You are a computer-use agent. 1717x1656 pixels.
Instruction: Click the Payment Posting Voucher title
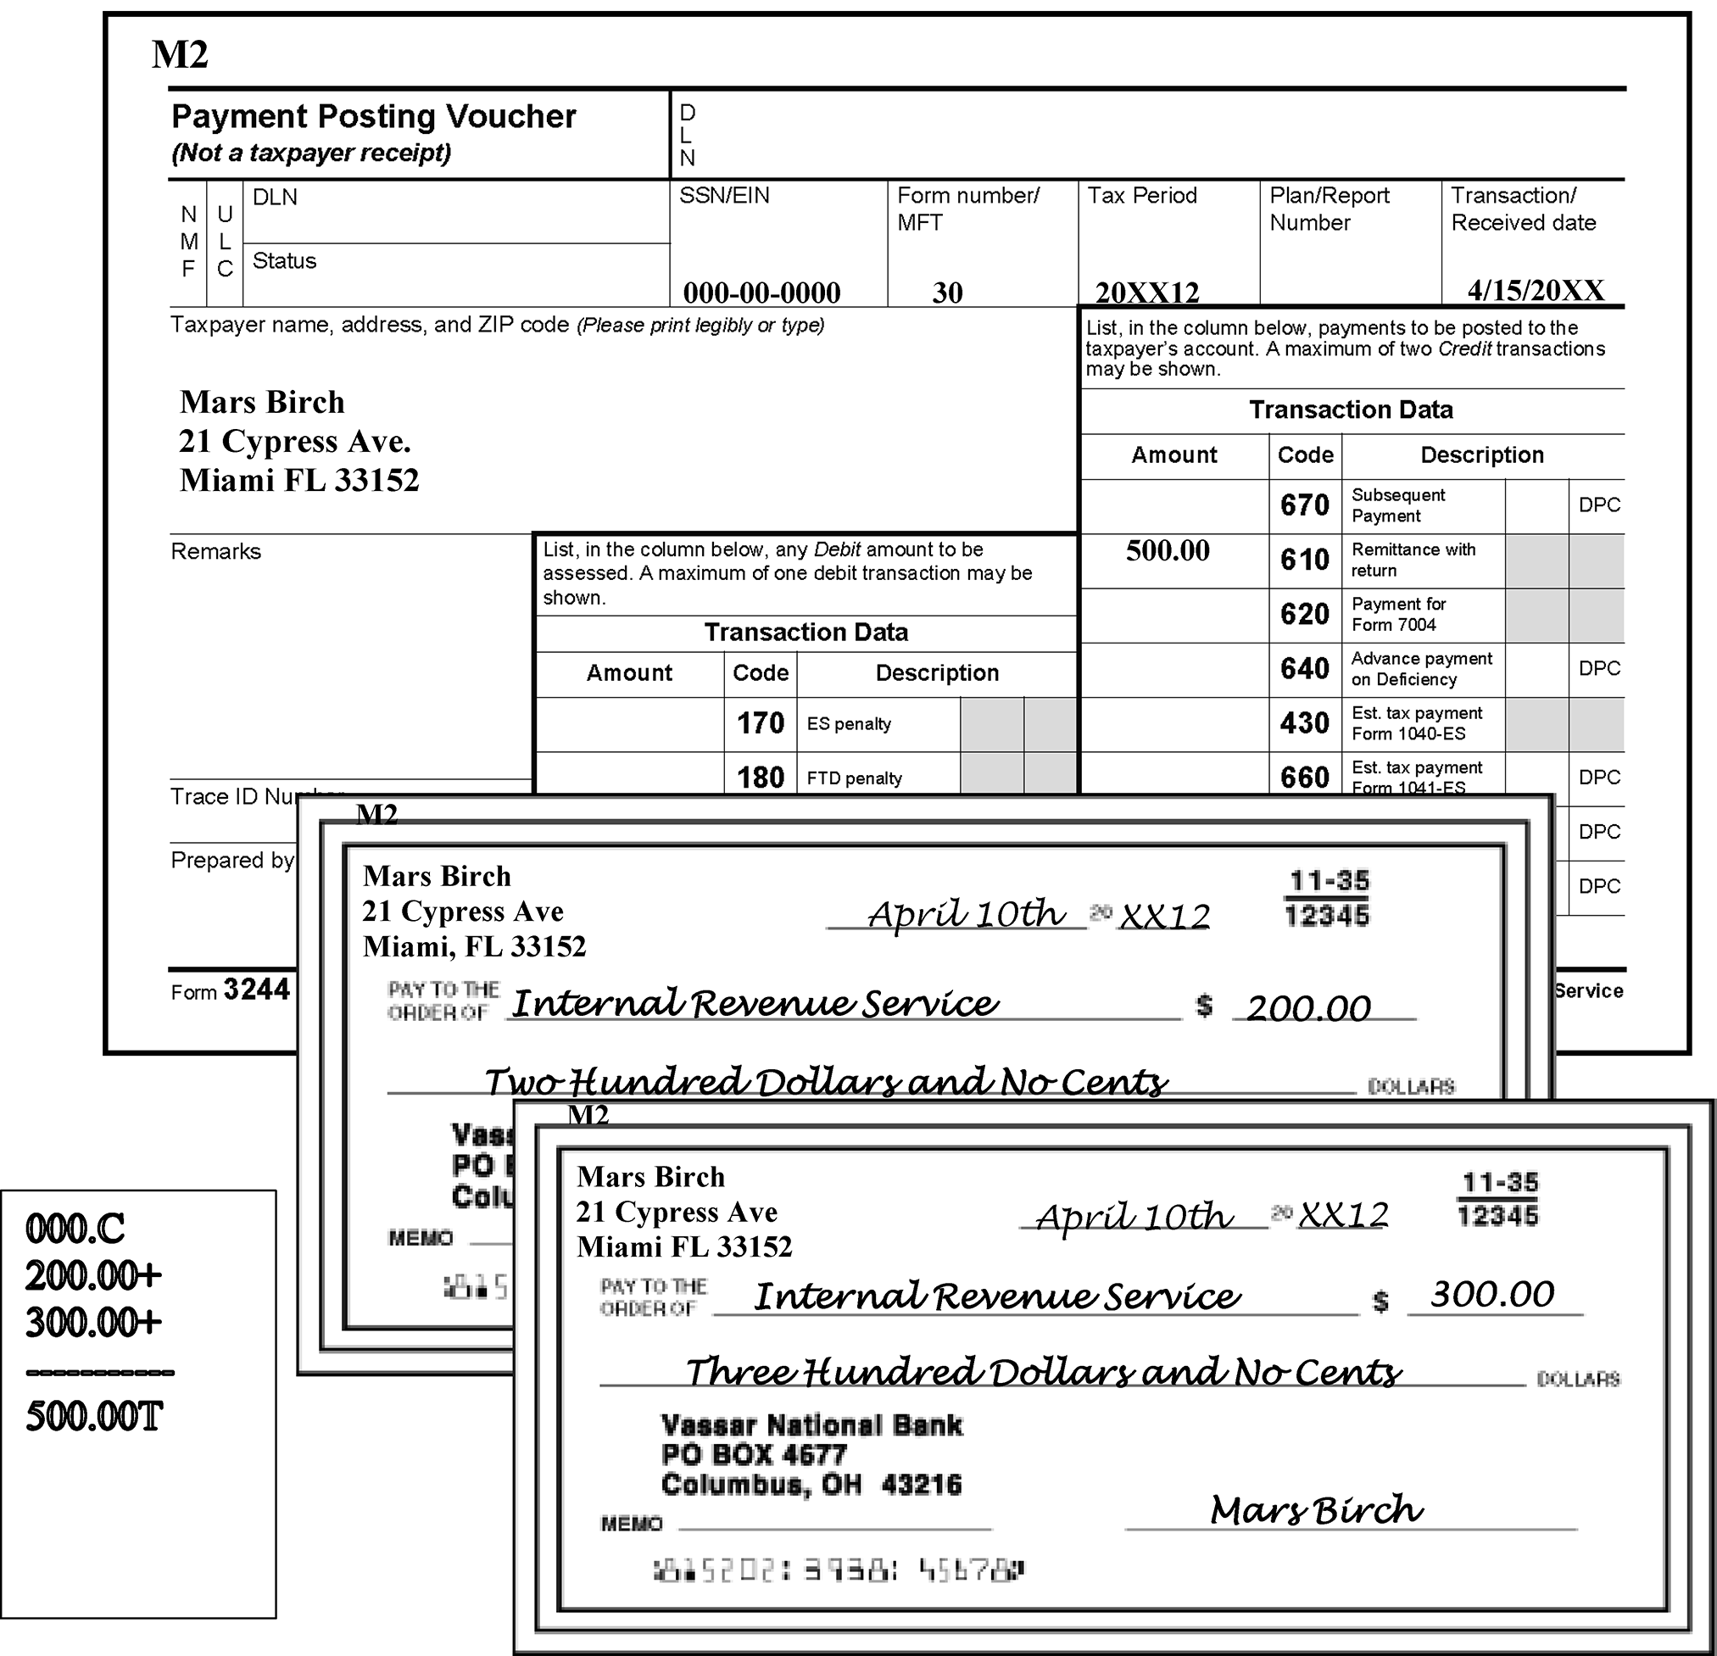pyautogui.click(x=373, y=116)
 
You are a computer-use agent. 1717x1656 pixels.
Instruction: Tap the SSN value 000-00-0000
pyautogui.click(x=761, y=292)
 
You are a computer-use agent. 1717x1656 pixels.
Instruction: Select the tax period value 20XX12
pyautogui.click(x=1146, y=292)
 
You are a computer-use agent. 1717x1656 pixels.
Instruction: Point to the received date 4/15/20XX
pyautogui.click(x=1536, y=290)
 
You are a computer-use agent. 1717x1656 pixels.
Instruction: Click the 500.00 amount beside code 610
pyautogui.click(x=1168, y=550)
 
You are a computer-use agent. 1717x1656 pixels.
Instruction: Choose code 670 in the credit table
pyautogui.click(x=1304, y=505)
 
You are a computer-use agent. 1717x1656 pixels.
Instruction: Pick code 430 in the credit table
pyautogui.click(x=1304, y=722)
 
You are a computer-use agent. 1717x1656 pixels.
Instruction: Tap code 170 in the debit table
pyautogui.click(x=760, y=722)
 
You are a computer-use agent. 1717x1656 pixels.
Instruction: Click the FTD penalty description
pyautogui.click(x=854, y=778)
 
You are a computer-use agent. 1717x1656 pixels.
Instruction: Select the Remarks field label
pyautogui.click(x=215, y=551)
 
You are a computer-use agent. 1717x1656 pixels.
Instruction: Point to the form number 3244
pyautogui.click(x=256, y=990)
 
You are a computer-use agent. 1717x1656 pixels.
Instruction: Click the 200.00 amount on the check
pyautogui.click(x=1308, y=1008)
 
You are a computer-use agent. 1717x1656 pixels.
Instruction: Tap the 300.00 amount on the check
pyautogui.click(x=1491, y=1294)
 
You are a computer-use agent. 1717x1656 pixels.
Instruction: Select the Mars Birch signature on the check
pyautogui.click(x=1316, y=1509)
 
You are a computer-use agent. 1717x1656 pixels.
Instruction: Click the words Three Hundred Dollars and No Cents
pyautogui.click(x=1042, y=1371)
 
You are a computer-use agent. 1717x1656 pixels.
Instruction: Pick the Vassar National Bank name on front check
pyautogui.click(x=811, y=1425)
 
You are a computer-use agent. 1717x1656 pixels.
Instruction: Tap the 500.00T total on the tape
pyautogui.click(x=95, y=1416)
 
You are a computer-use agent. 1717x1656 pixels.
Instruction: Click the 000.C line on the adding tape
pyautogui.click(x=75, y=1229)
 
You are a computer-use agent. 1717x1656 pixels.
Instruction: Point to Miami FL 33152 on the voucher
pyautogui.click(x=299, y=480)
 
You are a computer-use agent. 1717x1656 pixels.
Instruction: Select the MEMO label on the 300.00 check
pyautogui.click(x=631, y=1524)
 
